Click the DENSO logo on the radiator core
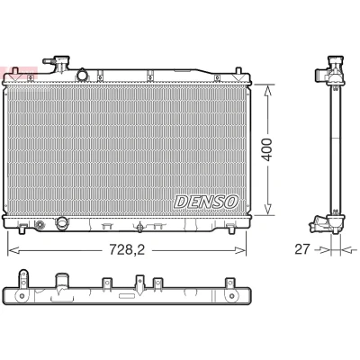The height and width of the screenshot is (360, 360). pyautogui.click(x=206, y=202)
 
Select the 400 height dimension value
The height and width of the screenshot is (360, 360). pyautogui.click(x=266, y=149)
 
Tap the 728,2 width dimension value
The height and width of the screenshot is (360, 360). pyautogui.click(x=127, y=249)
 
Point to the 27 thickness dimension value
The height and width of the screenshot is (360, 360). pyautogui.click(x=301, y=249)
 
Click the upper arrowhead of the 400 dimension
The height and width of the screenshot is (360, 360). pyautogui.click(x=267, y=89)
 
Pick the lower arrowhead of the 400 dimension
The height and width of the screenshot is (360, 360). pyautogui.click(x=267, y=210)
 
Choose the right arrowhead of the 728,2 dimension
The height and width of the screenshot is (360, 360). pyautogui.click(x=240, y=250)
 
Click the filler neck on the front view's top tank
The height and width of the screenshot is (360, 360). pyautogui.click(x=62, y=63)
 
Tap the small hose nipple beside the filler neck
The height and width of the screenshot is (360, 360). pyautogui.click(x=49, y=61)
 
